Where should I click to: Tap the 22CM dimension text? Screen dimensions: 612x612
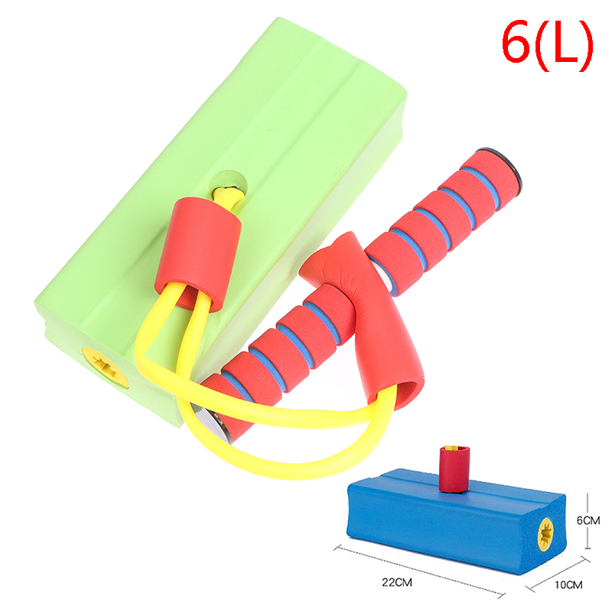[x=397, y=582]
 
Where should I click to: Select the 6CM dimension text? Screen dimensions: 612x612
[x=588, y=520]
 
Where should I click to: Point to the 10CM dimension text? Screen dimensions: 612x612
[x=568, y=584]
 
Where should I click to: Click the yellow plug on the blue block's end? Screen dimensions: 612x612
[x=545, y=534]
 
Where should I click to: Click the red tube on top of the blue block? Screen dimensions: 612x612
[x=454, y=469]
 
